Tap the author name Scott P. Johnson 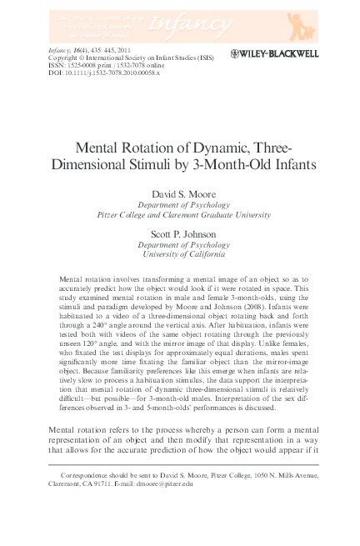179,234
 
